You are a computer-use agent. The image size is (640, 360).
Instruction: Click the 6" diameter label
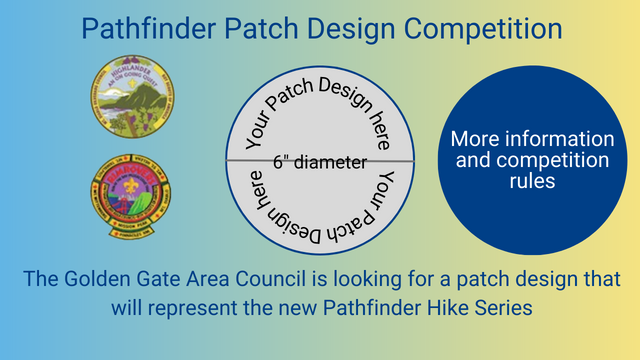[319, 161]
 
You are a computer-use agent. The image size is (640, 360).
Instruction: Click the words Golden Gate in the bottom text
[127, 279]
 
